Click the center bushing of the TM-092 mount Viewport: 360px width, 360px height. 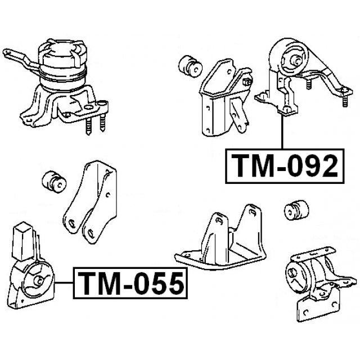[292, 59]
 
